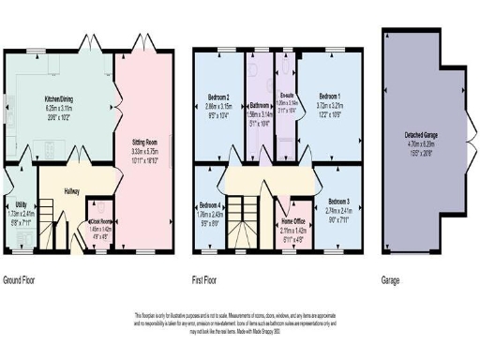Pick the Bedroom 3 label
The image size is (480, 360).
point(338,202)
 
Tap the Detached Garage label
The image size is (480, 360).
point(419,138)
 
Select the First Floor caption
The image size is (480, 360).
point(212,280)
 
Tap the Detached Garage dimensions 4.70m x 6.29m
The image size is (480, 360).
point(419,145)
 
